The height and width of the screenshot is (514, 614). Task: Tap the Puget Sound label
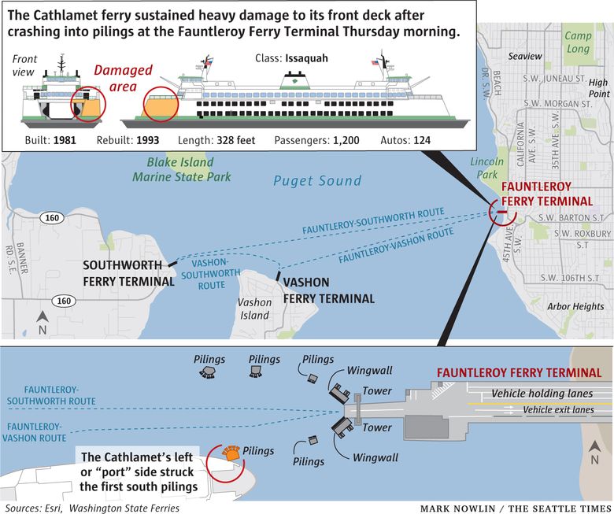(316, 181)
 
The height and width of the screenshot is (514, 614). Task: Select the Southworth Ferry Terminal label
(128, 273)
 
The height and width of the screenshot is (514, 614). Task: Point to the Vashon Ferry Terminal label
(328, 290)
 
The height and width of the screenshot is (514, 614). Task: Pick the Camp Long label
(578, 43)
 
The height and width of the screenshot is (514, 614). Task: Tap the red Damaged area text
(123, 78)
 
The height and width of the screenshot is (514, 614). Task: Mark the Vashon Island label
(254, 308)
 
